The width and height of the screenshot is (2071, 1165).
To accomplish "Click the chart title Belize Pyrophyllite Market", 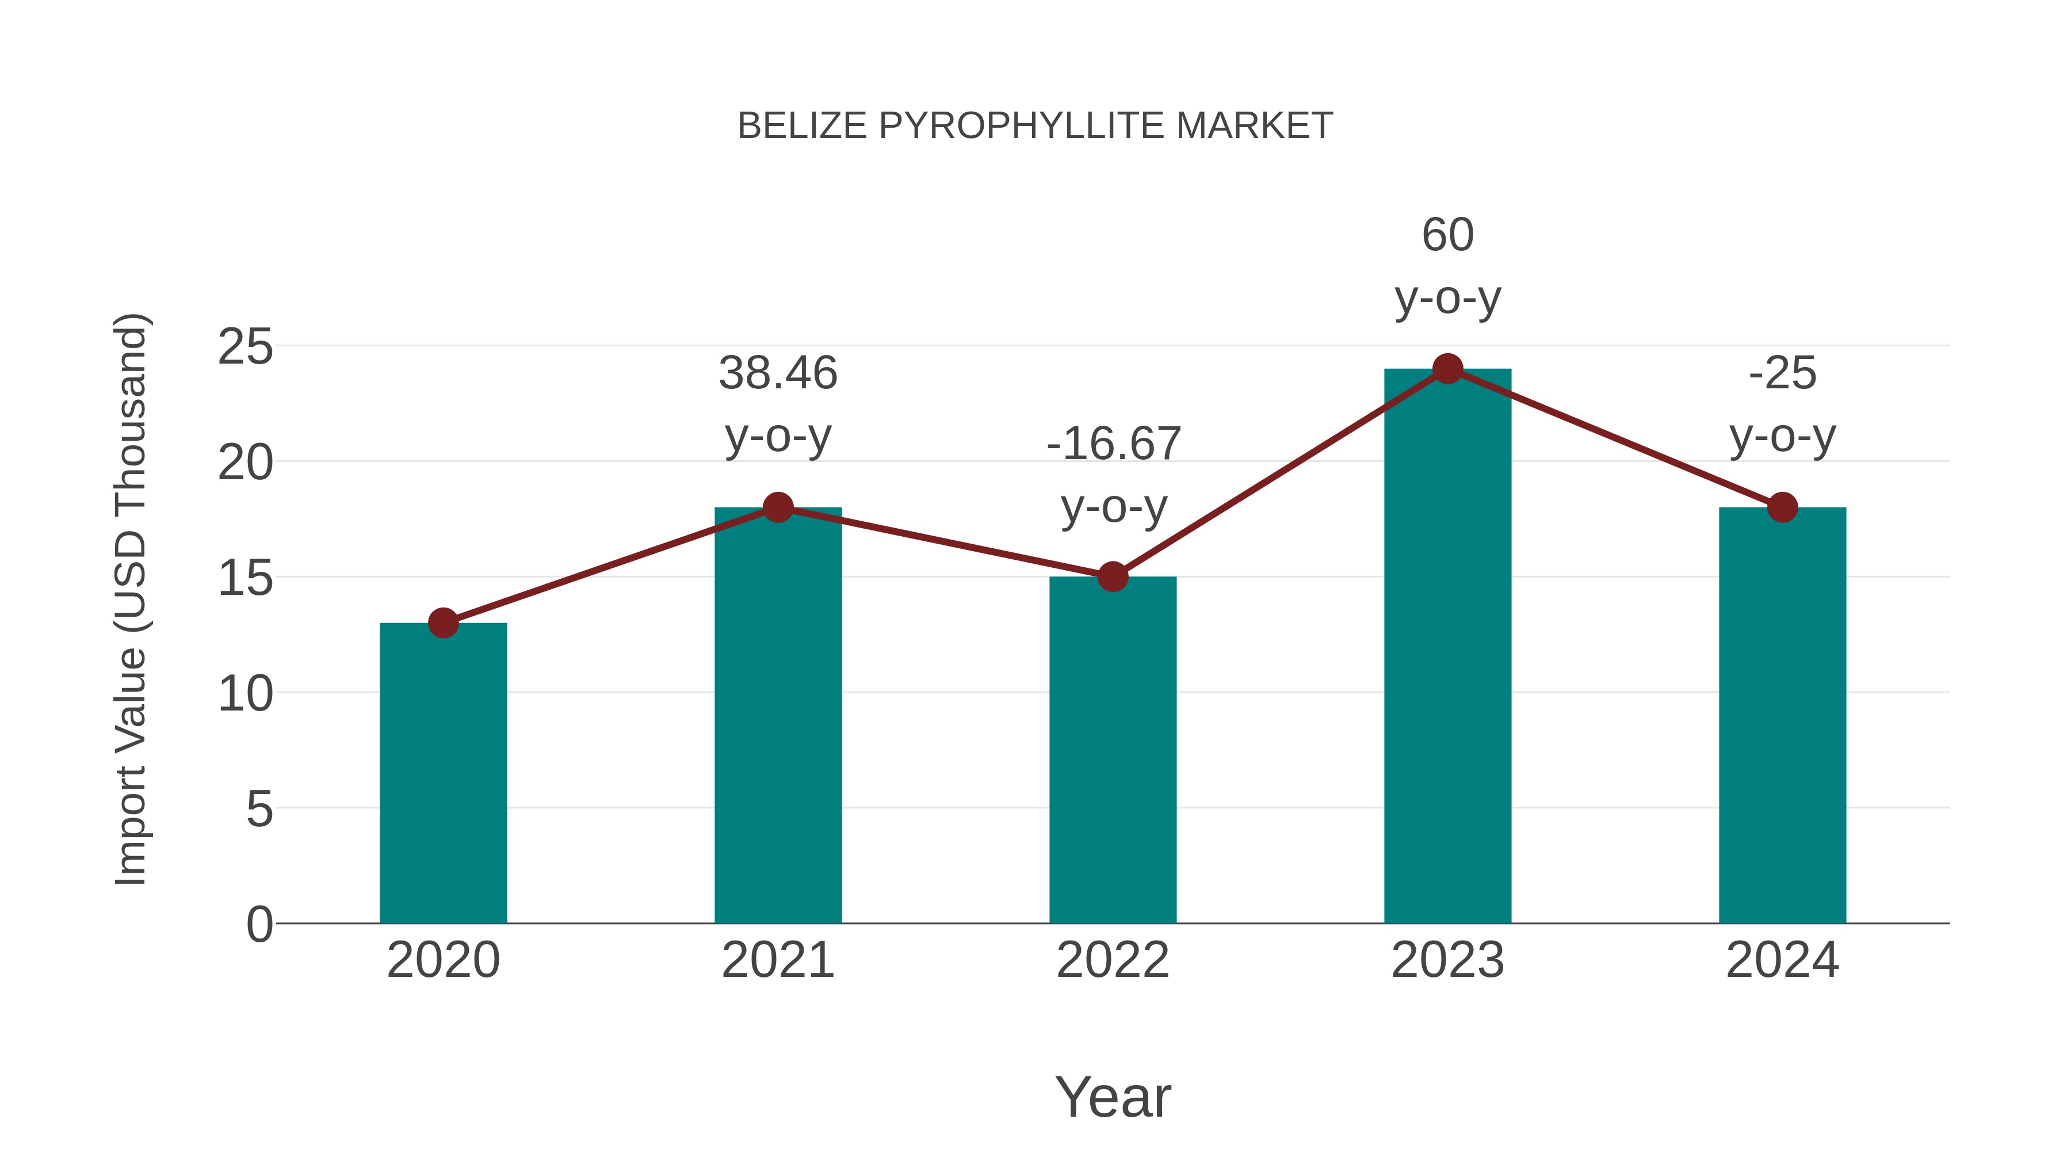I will (1035, 126).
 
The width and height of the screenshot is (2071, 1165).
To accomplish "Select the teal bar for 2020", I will (443, 772).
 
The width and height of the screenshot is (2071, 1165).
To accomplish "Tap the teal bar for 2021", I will (777, 716).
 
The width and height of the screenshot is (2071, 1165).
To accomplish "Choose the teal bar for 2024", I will (1782, 716).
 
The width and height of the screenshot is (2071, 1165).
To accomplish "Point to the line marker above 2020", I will (443, 622).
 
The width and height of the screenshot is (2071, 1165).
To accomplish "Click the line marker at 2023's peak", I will (1447, 369).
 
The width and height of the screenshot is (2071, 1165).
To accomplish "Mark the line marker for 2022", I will (1113, 576).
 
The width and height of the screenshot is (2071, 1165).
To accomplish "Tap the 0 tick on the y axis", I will (259, 924).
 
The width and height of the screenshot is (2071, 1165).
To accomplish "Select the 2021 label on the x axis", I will (777, 960).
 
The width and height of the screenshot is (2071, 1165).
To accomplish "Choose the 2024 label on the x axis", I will (1782, 960).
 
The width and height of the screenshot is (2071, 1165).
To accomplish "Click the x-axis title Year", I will (1113, 1097).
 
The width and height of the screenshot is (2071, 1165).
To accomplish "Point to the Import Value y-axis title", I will (130, 599).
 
